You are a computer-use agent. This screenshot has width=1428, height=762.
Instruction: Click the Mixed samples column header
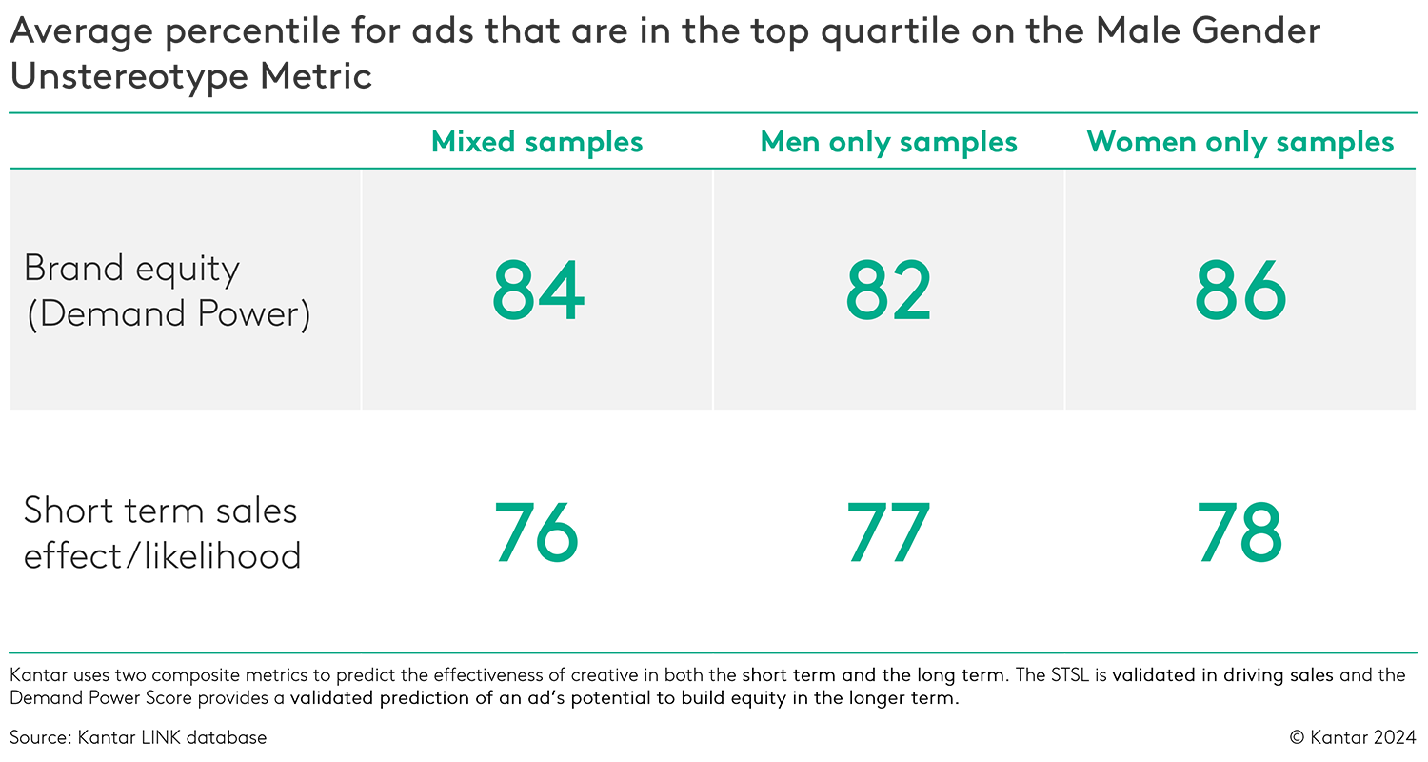pos(537,142)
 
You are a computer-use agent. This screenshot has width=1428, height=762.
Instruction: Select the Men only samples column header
pos(888,142)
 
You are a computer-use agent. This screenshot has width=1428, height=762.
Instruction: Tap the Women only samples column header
pos(1240,142)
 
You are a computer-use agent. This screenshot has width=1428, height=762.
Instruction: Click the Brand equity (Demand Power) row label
pos(168,291)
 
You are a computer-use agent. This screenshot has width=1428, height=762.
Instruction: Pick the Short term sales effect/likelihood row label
pos(162,532)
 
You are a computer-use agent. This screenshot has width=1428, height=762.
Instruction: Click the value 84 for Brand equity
pos(538,291)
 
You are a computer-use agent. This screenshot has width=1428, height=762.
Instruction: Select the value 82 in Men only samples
pos(888,291)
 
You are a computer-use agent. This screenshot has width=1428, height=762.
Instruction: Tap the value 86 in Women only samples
pos(1240,291)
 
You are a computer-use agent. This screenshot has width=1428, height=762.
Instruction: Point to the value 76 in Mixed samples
pos(537,532)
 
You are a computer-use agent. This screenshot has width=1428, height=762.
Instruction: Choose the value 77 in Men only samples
pos(888,532)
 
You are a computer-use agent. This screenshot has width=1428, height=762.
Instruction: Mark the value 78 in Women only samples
pos(1240,532)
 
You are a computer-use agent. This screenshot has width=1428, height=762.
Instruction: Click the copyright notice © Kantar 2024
pos(1353,737)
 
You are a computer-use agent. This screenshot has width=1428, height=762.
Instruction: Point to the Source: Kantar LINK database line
pos(139,737)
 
